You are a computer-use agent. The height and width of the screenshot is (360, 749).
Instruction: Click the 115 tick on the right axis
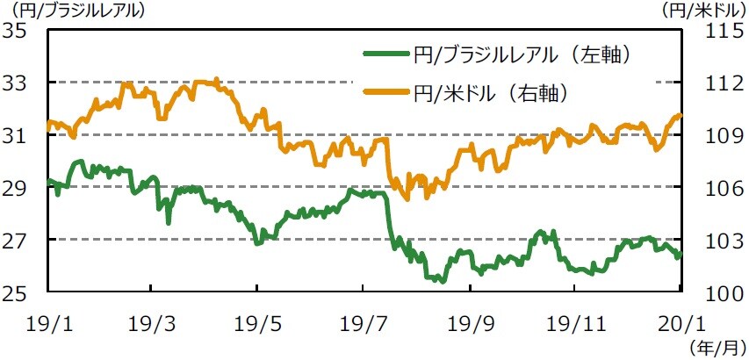[713, 31]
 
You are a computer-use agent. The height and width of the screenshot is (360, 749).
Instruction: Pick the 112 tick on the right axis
[713, 83]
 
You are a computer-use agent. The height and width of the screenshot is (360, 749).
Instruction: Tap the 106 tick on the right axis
[713, 188]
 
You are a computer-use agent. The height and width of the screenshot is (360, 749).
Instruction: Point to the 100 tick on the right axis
[713, 292]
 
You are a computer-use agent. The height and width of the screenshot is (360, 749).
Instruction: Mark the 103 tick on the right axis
[713, 240]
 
